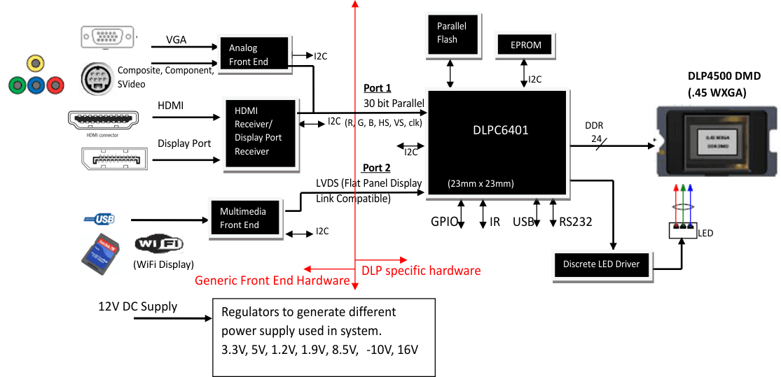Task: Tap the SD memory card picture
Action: click(x=102, y=253)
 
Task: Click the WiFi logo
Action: click(x=159, y=244)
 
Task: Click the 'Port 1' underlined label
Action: click(x=378, y=88)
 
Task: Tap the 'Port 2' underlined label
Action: click(x=377, y=168)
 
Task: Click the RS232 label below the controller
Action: click(x=576, y=222)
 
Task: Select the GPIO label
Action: click(x=445, y=222)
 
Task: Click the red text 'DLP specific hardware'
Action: click(x=421, y=270)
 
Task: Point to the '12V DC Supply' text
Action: click(x=138, y=306)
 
